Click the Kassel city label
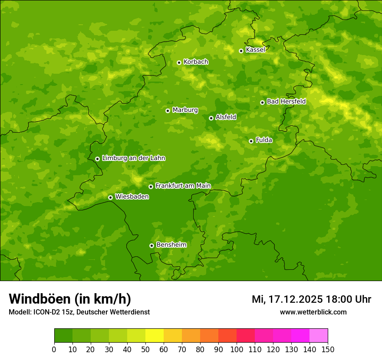coord(255,50)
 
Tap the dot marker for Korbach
coord(179,62)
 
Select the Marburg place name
coord(185,110)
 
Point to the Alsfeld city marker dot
coord(211,118)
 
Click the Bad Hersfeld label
coord(286,101)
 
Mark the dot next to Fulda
coord(251,141)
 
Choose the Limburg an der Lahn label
coord(133,158)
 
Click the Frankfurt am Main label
coord(183,186)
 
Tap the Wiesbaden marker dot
coord(110,197)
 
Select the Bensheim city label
coord(171,245)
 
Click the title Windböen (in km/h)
coord(70,299)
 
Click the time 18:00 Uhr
coord(354,299)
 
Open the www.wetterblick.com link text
coord(313,312)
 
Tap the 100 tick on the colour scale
coord(237,349)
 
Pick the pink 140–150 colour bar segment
coord(319,336)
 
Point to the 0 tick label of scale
coord(54,349)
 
